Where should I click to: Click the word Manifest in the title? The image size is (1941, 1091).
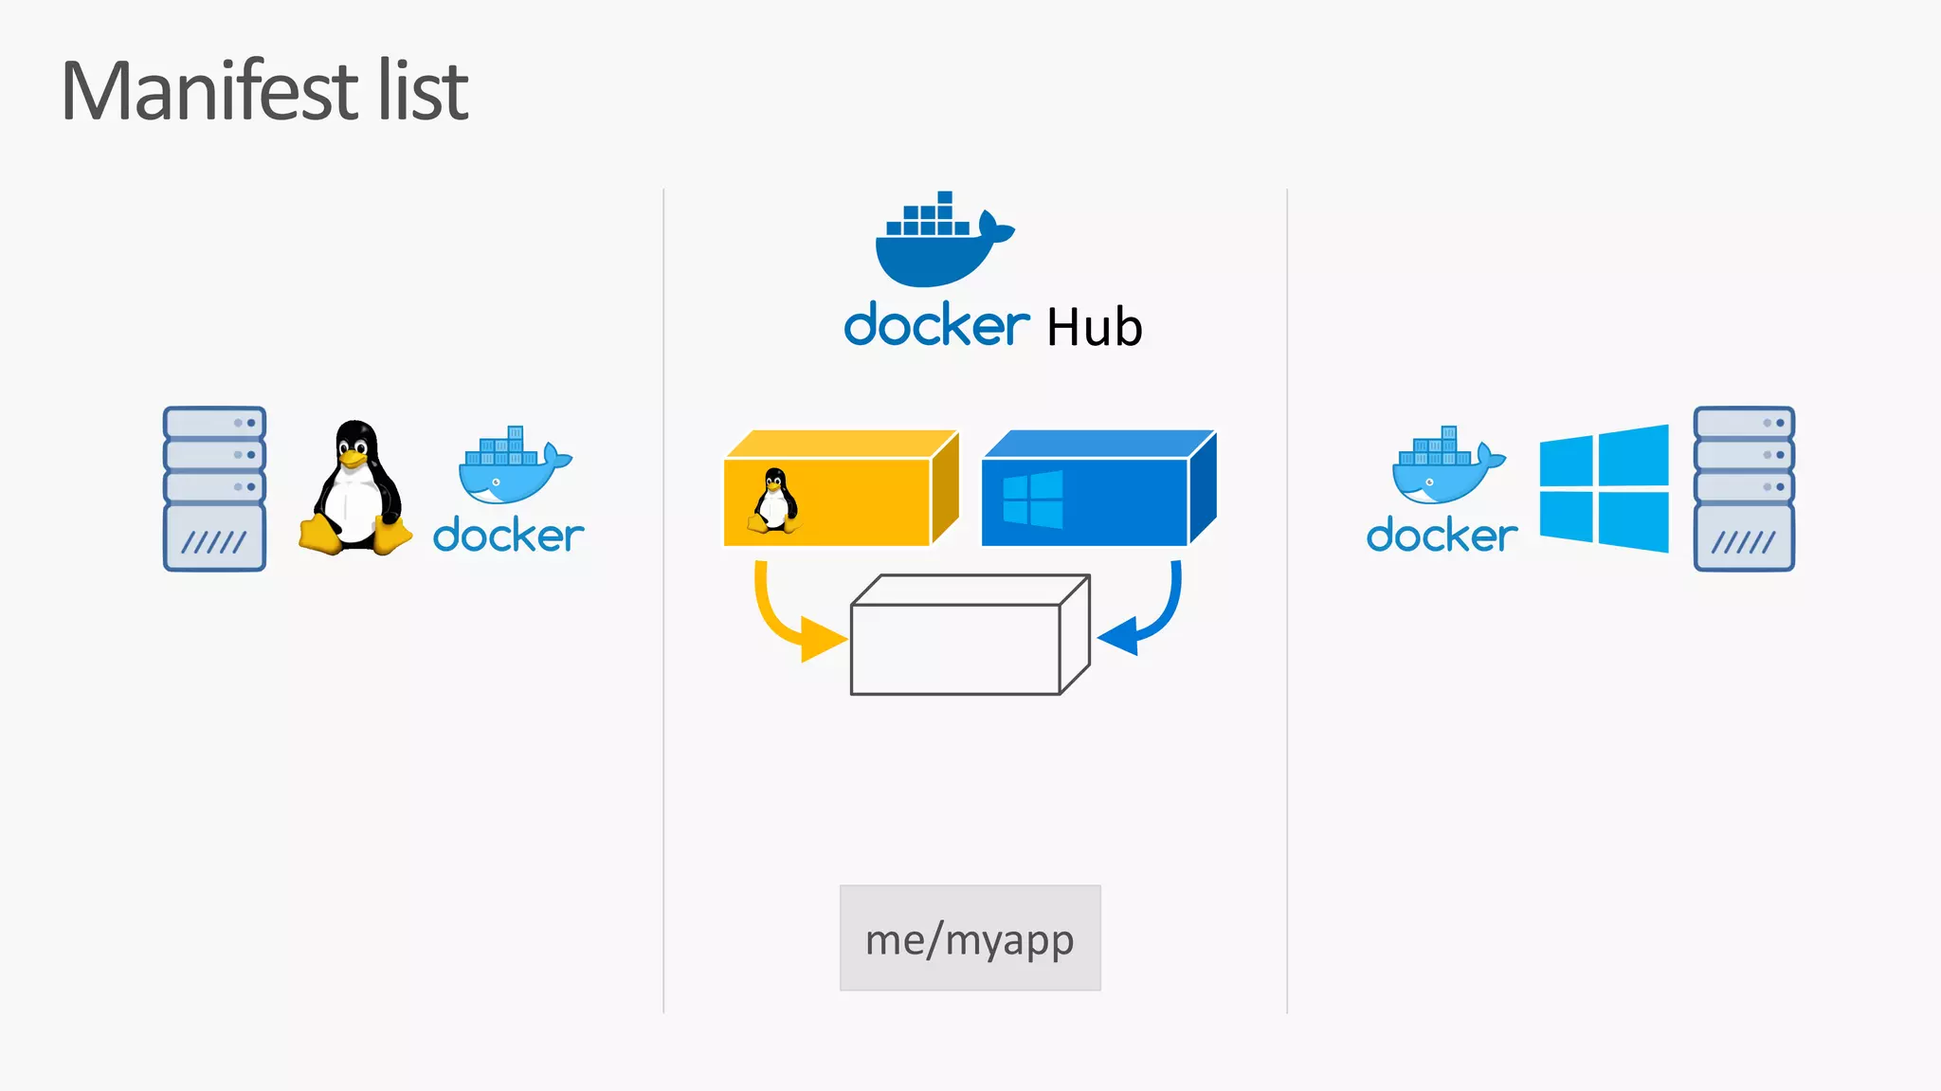pos(209,91)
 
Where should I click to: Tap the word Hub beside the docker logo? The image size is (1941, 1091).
pos(1094,328)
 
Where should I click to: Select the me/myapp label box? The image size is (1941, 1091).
pos(970,938)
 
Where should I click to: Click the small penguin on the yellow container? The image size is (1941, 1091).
pos(774,500)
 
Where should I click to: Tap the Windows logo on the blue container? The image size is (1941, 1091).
pos(1032,500)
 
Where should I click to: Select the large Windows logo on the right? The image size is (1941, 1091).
pos(1604,488)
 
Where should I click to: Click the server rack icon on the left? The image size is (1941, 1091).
pos(214,488)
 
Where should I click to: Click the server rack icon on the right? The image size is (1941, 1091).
pos(1744,488)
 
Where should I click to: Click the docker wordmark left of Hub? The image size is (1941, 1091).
pos(936,325)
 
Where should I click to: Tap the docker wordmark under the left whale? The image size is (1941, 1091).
pos(508,536)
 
